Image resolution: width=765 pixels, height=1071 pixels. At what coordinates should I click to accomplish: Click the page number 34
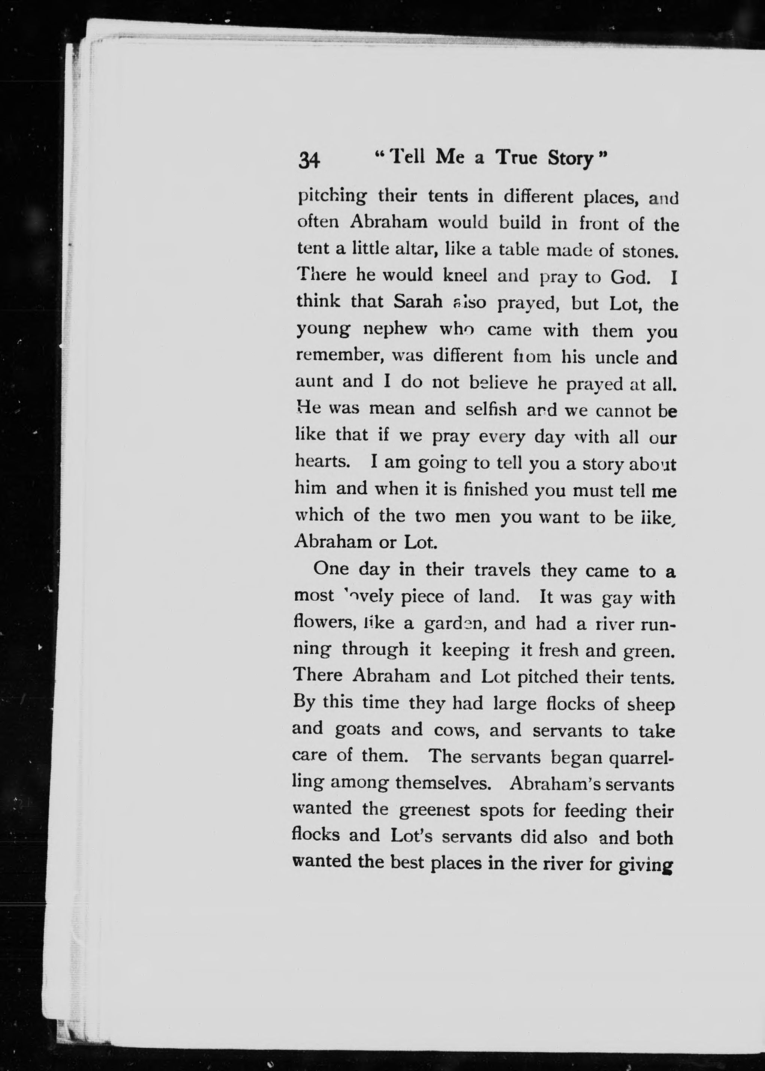pyautogui.click(x=309, y=161)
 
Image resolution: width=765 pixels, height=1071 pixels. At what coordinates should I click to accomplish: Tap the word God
pyautogui.click(x=630, y=277)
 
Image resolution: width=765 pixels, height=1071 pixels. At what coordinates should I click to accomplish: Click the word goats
pyautogui.click(x=358, y=729)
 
